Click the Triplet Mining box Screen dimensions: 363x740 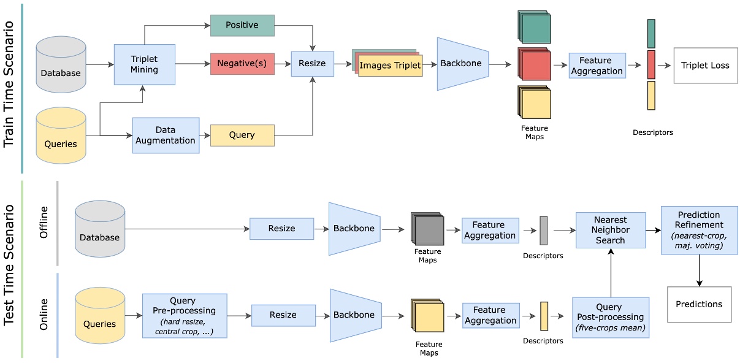144,64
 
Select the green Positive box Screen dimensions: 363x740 242,25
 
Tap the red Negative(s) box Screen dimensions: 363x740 242,64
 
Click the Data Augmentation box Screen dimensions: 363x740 166,135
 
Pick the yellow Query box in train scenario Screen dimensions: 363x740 242,135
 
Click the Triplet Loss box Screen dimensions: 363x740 705,65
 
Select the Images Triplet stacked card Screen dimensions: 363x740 390,65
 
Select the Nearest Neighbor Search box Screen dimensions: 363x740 610,230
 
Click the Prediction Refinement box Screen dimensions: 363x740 699,230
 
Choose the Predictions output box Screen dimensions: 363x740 699,304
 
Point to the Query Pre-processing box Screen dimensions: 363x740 184,315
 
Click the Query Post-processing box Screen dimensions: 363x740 610,318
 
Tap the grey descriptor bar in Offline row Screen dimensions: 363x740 543,231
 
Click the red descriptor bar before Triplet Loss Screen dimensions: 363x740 651,64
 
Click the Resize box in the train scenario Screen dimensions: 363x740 312,63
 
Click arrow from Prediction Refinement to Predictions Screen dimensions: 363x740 699,270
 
